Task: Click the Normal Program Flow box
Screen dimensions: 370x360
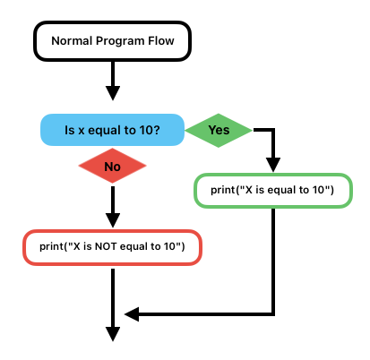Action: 112,41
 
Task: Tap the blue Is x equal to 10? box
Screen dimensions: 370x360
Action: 112,130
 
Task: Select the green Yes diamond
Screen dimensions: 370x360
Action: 219,131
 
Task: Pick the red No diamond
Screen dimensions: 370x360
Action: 112,166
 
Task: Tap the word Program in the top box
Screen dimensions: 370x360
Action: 120,41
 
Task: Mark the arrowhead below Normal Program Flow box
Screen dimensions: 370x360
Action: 113,93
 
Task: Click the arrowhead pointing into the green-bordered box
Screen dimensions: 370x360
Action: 273,165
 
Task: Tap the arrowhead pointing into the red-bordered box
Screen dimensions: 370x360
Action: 113,220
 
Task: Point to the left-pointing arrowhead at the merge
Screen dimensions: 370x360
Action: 132,314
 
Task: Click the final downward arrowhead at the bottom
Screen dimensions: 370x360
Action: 113,334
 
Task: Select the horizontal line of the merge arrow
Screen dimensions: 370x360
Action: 207,314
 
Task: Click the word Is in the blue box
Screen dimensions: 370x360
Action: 70,130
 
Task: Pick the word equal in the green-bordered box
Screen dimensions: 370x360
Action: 281,190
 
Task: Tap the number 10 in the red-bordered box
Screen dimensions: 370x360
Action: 169,246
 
